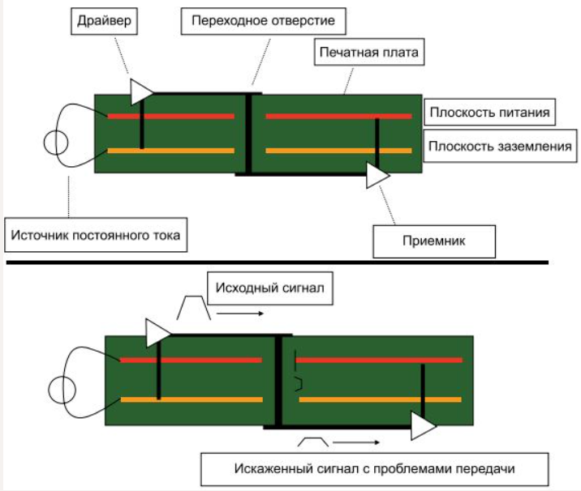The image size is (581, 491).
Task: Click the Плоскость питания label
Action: pyautogui.click(x=491, y=112)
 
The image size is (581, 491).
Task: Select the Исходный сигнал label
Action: pyautogui.click(x=270, y=288)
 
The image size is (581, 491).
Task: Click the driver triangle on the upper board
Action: pyautogui.click(x=140, y=92)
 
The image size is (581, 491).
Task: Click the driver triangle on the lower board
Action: pyautogui.click(x=157, y=331)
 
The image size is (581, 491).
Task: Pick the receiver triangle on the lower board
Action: pyautogui.click(x=422, y=426)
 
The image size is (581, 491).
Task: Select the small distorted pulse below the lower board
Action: pyautogui.click(x=314, y=442)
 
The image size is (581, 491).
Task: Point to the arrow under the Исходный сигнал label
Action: pyautogui.click(x=240, y=312)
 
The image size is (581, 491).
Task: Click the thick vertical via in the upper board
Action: pyautogui.click(x=249, y=134)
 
